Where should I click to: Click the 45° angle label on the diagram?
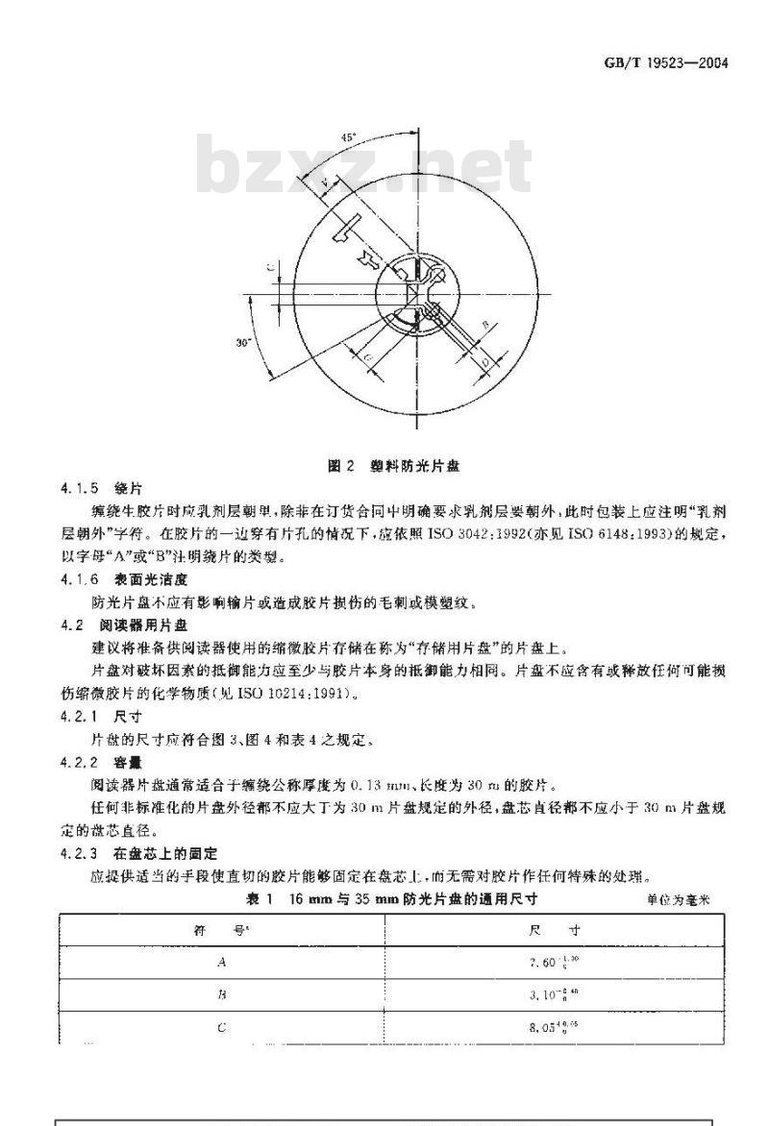(348, 137)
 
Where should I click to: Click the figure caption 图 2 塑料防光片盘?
(393, 466)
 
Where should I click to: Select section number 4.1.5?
(79, 486)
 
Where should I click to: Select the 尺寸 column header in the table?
(554, 930)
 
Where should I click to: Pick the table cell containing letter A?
(222, 962)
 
